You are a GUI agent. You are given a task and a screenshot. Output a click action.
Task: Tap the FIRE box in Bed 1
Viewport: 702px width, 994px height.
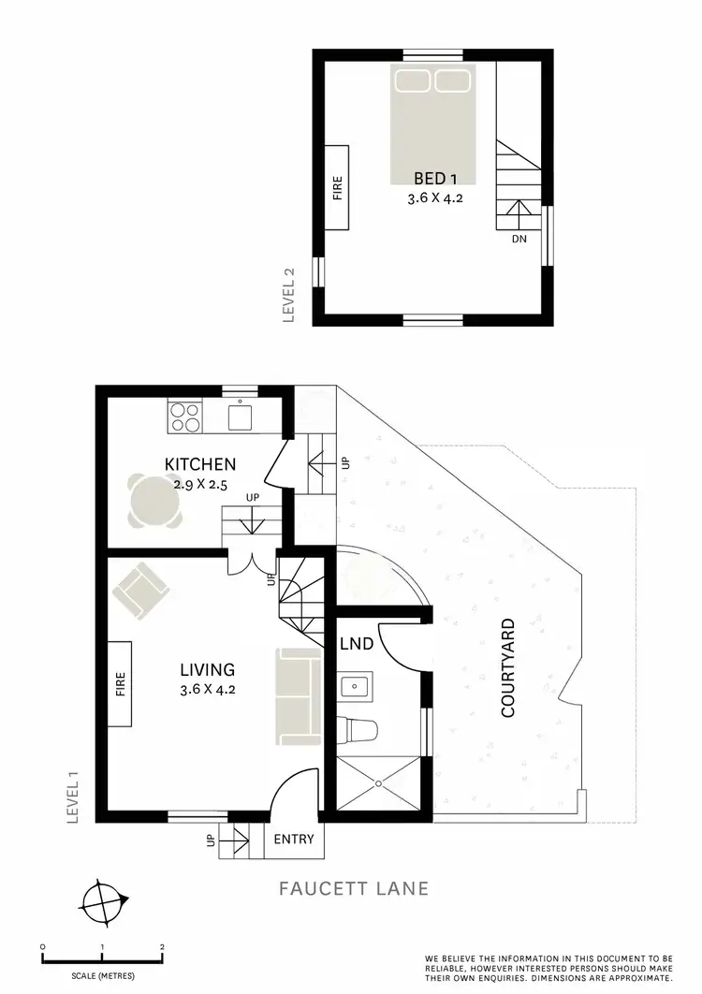(x=337, y=189)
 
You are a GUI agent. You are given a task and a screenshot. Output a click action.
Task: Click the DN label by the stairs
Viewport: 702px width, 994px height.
(x=519, y=240)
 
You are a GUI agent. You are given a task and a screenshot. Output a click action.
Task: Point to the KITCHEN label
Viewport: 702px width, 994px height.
(x=199, y=464)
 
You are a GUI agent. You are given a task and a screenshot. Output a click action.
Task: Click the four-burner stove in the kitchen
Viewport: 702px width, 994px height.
(x=184, y=417)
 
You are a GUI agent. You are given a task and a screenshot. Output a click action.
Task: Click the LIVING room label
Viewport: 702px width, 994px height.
(x=207, y=669)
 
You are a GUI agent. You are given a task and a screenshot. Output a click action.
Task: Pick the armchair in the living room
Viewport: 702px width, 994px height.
(x=140, y=590)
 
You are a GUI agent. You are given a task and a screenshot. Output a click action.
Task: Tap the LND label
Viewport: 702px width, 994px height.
(x=357, y=644)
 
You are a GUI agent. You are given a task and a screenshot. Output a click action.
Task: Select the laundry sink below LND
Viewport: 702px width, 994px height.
(x=356, y=687)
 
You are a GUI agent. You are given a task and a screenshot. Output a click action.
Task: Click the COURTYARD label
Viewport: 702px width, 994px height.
(x=508, y=667)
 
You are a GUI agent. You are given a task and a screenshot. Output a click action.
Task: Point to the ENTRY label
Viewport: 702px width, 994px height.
(x=293, y=839)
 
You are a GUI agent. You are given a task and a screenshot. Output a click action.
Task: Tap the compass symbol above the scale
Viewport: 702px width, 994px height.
(x=103, y=904)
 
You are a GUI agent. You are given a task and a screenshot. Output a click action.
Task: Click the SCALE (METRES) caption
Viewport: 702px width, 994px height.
(x=102, y=976)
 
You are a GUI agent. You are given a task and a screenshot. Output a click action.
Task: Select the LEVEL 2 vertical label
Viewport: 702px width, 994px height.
(x=289, y=295)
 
